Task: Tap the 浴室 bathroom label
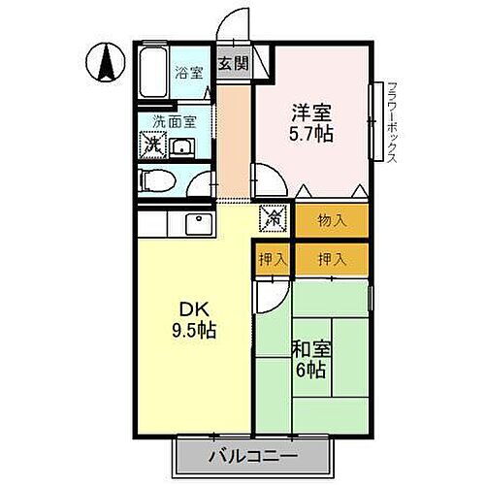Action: pyautogui.click(x=189, y=72)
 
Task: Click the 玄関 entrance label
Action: pyautogui.click(x=231, y=63)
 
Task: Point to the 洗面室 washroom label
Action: pyautogui.click(x=174, y=123)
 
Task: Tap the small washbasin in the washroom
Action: pyautogui.click(x=182, y=148)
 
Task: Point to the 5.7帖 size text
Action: pyautogui.click(x=310, y=134)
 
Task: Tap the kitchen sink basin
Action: pyautogui.click(x=198, y=224)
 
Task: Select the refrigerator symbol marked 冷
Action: pyautogui.click(x=273, y=219)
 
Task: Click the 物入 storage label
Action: pyautogui.click(x=332, y=220)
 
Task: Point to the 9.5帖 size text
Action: pyautogui.click(x=194, y=330)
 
